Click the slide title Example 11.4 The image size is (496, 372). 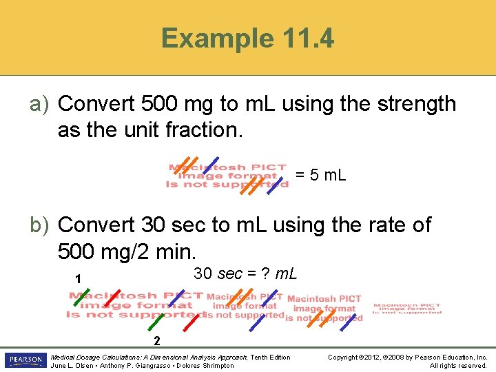pos(248,39)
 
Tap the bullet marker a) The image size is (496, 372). pos(38,104)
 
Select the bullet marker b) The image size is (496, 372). pos(38,225)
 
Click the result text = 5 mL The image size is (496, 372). pos(321,176)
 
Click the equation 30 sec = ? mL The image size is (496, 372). pos(245,274)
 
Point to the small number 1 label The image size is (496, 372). pos(79,279)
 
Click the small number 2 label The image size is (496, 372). pos(157,340)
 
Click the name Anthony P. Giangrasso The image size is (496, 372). pos(134,366)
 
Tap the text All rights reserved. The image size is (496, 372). pos(458,366)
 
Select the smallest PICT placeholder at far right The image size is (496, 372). pos(407,309)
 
